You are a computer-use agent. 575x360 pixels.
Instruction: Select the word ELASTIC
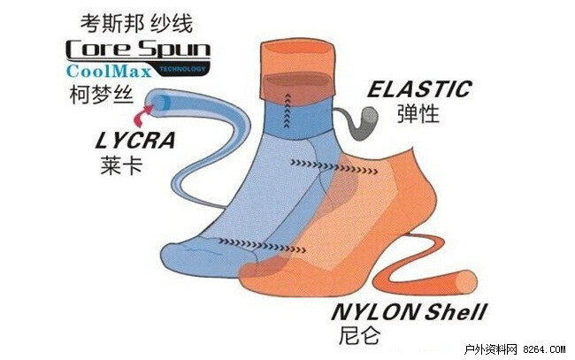[419, 89]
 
